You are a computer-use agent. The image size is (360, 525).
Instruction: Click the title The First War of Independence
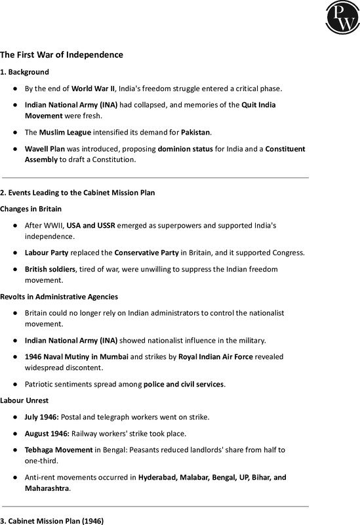coord(62,54)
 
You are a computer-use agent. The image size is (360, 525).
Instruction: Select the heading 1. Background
coord(24,72)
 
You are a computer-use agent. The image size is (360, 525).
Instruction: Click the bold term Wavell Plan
coord(46,149)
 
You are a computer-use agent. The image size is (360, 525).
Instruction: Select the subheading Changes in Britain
coord(31,209)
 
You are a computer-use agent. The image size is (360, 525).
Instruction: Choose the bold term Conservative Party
coord(147,253)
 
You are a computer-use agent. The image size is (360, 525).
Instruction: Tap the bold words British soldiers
coord(52,269)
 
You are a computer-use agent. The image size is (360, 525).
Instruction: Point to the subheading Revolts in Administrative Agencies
coord(59,297)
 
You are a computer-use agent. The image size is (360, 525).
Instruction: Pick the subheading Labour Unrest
coord(24,400)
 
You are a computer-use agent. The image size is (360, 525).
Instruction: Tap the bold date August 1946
coord(47,433)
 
